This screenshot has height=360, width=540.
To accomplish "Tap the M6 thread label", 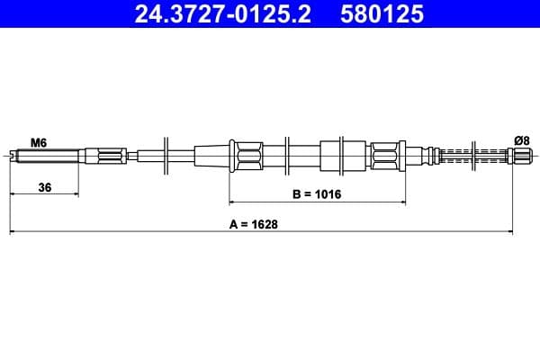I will click(x=39, y=142).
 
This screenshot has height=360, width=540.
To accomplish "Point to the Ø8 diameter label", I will click(x=520, y=139).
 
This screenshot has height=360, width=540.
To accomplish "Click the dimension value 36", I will click(x=43, y=187).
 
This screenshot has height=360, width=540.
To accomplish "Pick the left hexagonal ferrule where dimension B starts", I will click(x=246, y=156).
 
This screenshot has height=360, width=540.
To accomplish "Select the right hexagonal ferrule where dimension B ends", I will click(x=386, y=156).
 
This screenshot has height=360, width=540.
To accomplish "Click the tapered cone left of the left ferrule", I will click(x=211, y=156).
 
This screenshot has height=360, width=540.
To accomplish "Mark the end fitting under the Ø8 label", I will click(x=519, y=156).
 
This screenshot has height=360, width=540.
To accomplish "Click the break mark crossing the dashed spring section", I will click(x=472, y=156).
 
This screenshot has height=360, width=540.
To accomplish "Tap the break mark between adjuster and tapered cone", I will click(x=166, y=156).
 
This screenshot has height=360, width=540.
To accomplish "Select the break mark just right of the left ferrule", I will click(x=285, y=156).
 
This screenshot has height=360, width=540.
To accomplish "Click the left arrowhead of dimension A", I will click(x=13, y=232).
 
